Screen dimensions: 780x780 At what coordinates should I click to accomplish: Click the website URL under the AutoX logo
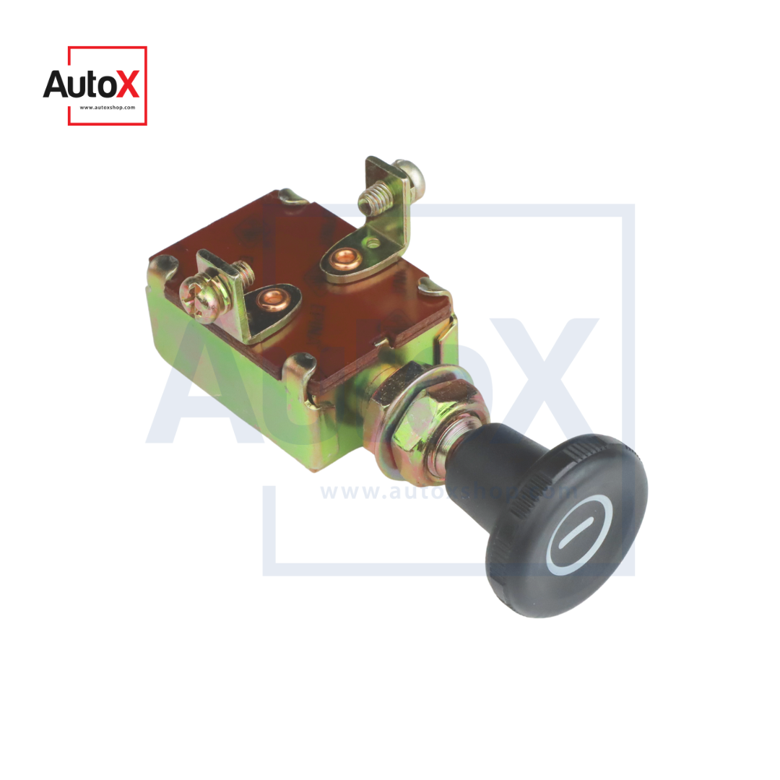click(x=107, y=108)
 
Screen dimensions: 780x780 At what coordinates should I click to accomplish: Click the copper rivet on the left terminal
click(x=272, y=298)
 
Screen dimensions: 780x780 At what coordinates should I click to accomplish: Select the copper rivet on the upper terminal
click(x=342, y=257)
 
